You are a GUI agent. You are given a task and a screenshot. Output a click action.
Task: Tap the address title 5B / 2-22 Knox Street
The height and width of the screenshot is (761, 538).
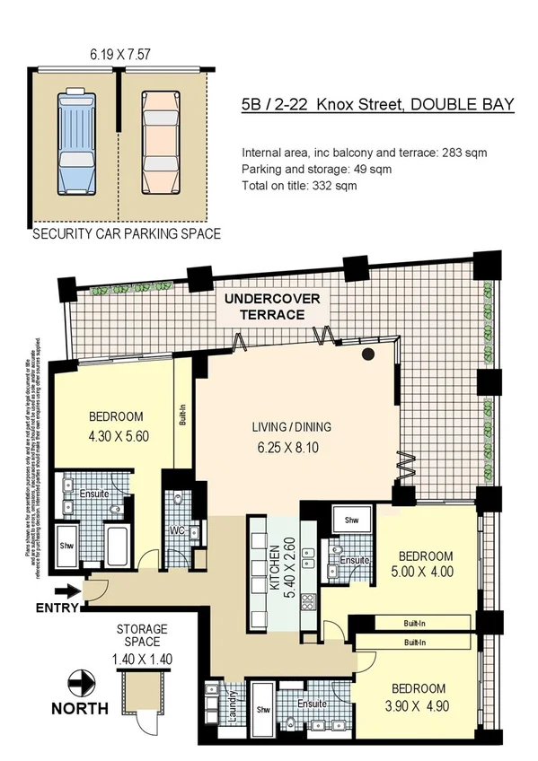[x=377, y=105]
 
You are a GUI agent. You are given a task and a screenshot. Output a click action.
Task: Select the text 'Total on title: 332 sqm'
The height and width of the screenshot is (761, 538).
[x=299, y=186]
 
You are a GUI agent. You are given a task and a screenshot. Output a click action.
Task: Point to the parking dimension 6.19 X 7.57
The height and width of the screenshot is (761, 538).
[x=119, y=55]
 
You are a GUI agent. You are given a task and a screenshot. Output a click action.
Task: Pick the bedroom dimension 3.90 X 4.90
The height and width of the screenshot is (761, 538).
[x=417, y=704]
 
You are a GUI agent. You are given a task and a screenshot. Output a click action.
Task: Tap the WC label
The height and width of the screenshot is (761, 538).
[x=178, y=530]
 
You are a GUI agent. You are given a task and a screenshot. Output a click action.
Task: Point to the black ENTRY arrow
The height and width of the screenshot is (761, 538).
[x=66, y=590]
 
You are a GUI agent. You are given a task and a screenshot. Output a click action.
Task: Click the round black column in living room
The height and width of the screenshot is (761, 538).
[x=368, y=355]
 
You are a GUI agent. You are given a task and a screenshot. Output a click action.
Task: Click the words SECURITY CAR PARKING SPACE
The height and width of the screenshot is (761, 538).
[x=127, y=234]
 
